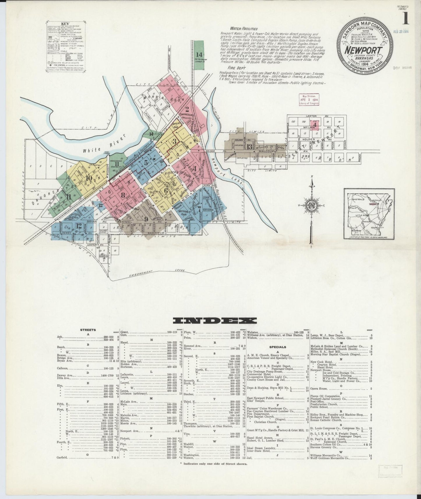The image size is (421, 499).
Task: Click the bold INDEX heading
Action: [x=215, y=321]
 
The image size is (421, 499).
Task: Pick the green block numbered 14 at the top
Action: [x=199, y=54]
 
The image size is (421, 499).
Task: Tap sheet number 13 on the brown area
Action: [x=249, y=147]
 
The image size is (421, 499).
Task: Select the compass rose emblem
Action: [x=311, y=206]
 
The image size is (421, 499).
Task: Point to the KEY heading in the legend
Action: [x=65, y=24]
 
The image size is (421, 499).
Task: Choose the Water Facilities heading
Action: [x=243, y=29]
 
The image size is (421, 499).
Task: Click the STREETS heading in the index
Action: [x=88, y=330]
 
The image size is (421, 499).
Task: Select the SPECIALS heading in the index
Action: [x=277, y=347]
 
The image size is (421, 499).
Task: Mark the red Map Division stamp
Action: [x=309, y=100]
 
